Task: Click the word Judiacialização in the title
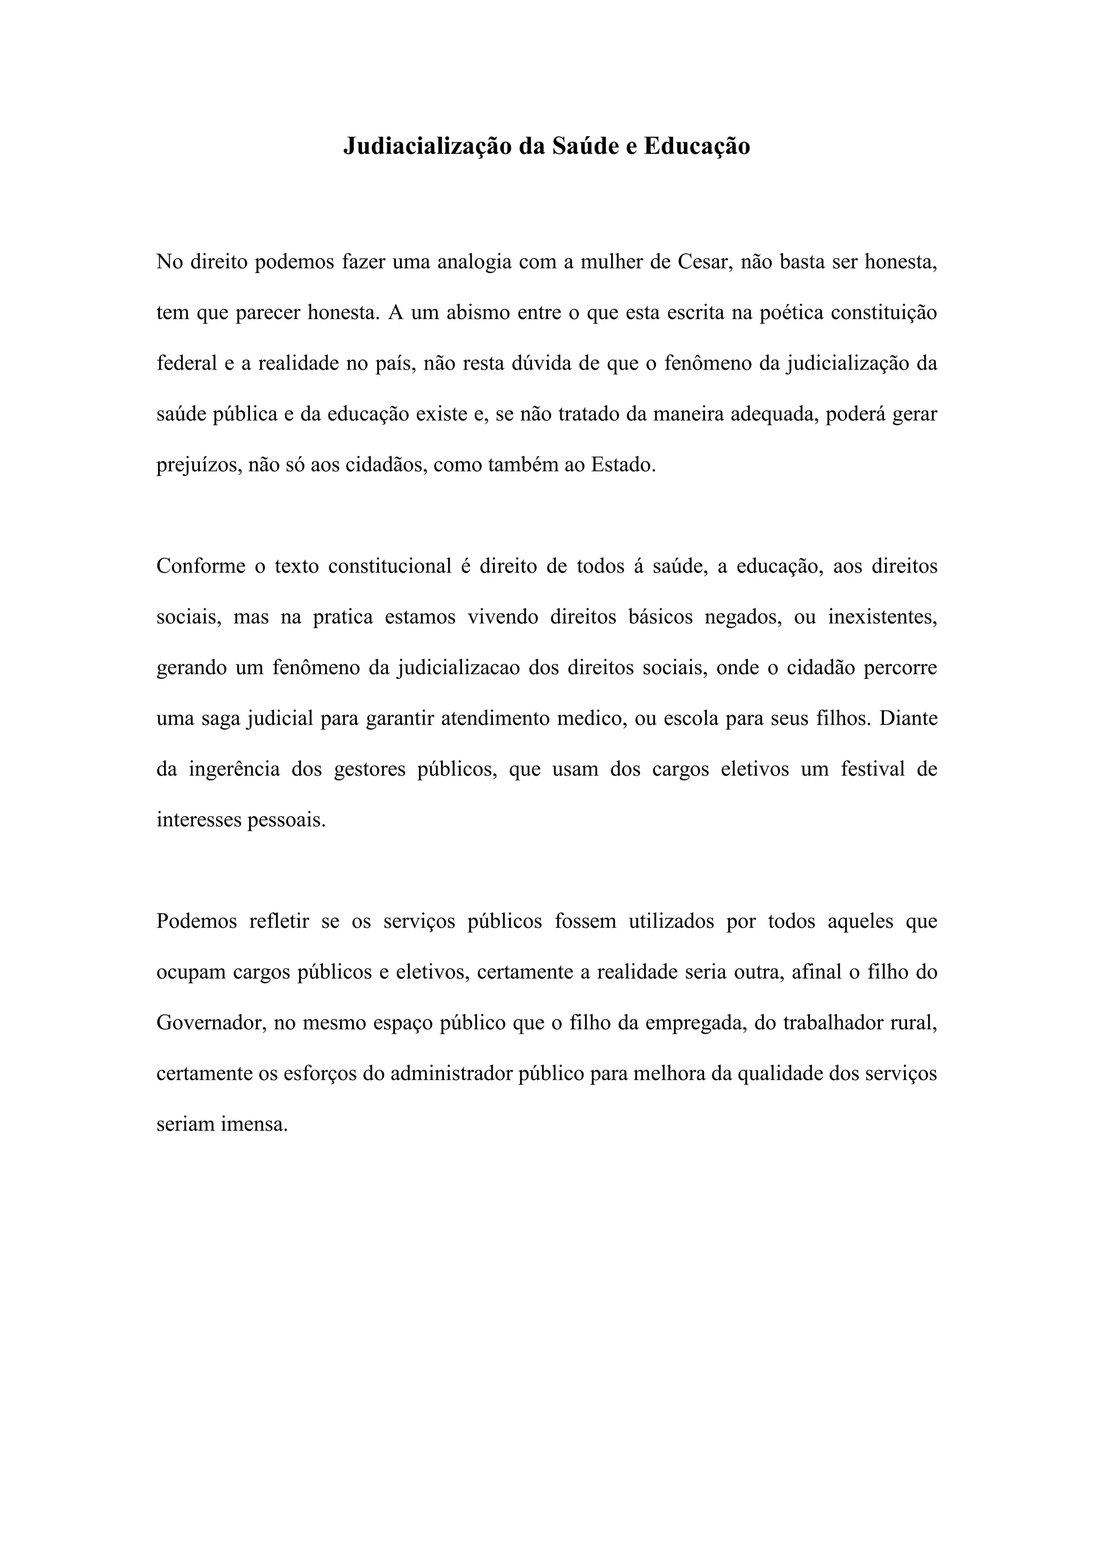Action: tap(426, 146)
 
